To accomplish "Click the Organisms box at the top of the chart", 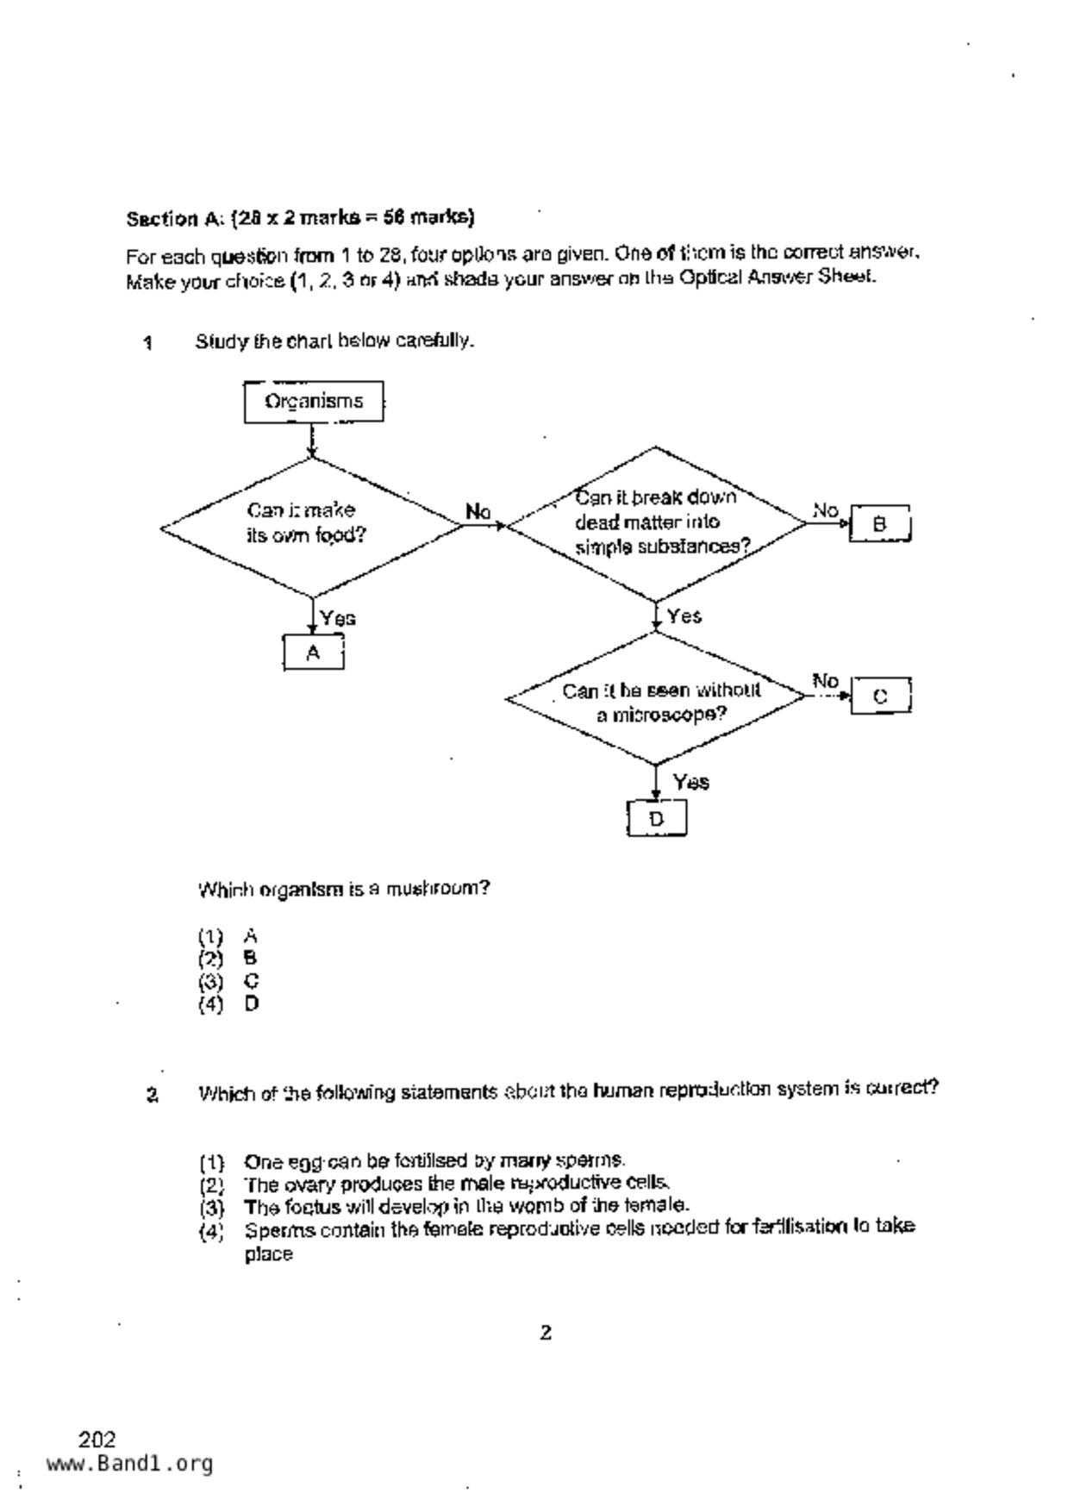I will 314,402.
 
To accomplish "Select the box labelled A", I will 313,653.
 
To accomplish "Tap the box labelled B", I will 879,523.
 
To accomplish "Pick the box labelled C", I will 880,696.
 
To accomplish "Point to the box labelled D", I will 656,818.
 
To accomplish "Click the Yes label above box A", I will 338,618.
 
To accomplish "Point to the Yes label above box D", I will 691,782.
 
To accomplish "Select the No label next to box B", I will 825,510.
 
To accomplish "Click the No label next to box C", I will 825,681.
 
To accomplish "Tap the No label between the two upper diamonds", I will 478,511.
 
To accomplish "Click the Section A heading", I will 300,217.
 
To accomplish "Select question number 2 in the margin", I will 152,1096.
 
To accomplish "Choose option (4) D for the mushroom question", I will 229,1003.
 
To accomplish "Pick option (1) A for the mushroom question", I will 228,935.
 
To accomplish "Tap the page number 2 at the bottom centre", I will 546,1333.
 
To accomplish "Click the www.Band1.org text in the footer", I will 129,1463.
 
